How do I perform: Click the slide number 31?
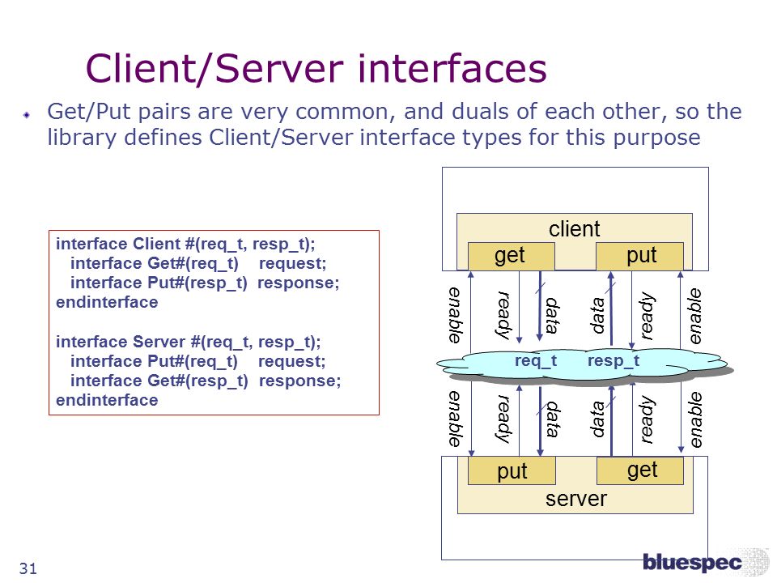(28, 568)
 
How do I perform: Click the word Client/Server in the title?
(214, 68)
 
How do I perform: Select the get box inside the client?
(511, 257)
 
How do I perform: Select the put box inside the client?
(639, 257)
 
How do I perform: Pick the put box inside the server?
(512, 470)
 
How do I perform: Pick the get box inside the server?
(640, 470)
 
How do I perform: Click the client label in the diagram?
(575, 228)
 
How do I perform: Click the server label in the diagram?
(575, 499)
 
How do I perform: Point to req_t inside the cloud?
(536, 361)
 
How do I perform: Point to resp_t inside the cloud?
(614, 361)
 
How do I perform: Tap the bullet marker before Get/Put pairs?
(27, 114)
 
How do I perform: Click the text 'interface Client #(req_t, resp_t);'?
(185, 244)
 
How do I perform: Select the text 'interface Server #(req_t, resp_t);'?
(189, 342)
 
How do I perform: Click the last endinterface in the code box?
(107, 400)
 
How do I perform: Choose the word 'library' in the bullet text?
(82, 138)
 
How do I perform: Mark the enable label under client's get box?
(455, 315)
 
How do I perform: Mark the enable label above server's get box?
(696, 419)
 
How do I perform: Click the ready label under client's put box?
(646, 316)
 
